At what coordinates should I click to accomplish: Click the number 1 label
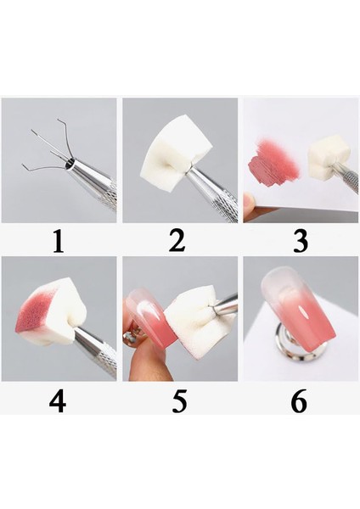(58, 242)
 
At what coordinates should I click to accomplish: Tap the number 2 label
(177, 241)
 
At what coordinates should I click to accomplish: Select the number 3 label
(300, 241)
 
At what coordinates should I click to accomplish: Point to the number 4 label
(58, 400)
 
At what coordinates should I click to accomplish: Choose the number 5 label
(178, 400)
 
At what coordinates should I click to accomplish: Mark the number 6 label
(300, 400)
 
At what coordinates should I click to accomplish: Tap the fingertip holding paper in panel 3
(251, 204)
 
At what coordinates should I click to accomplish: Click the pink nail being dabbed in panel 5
(153, 318)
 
